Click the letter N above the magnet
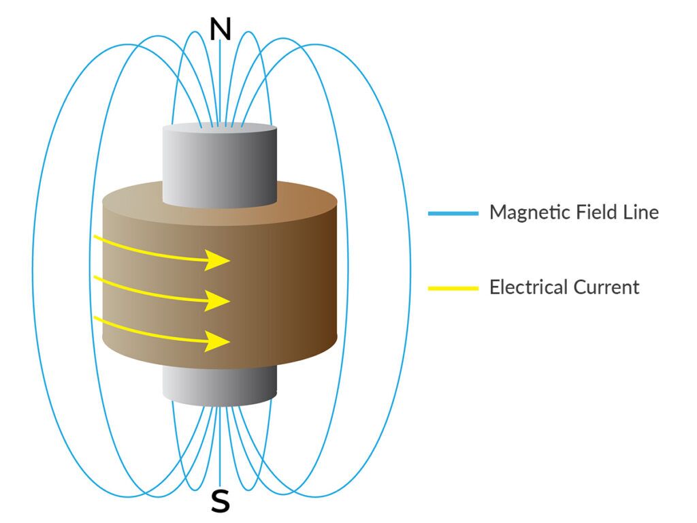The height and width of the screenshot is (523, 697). (220, 29)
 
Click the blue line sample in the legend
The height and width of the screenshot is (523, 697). (453, 213)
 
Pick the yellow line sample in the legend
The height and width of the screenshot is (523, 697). (453, 288)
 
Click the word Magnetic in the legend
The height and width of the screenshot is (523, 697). (522, 212)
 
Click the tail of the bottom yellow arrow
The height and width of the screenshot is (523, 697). (95, 318)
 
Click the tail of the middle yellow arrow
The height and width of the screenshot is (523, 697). (95, 278)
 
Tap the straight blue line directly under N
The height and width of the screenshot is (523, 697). (220, 82)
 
